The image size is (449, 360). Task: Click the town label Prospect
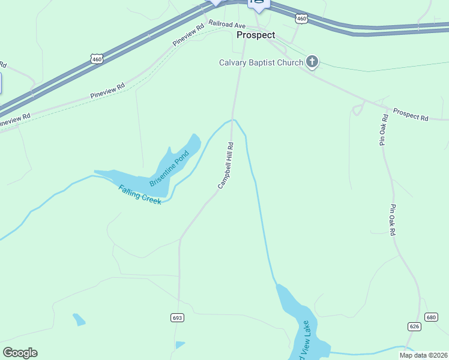pyautogui.click(x=256, y=35)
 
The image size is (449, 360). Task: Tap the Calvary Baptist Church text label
pyautogui.click(x=261, y=62)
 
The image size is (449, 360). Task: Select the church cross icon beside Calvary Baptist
pyautogui.click(x=312, y=61)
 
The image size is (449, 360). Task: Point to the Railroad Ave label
pyautogui.click(x=228, y=25)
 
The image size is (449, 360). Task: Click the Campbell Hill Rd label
pyautogui.click(x=225, y=165)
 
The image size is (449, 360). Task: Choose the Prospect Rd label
pyautogui.click(x=411, y=114)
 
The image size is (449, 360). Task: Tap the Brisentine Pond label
pyautogui.click(x=169, y=169)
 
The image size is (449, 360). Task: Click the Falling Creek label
pyautogui.click(x=140, y=194)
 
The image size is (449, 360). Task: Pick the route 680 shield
pyautogui.click(x=431, y=317)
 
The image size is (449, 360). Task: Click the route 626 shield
pyautogui.click(x=414, y=326)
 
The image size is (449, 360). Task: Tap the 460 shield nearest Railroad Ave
pyautogui.click(x=97, y=58)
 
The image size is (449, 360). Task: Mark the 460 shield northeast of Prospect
pyautogui.click(x=302, y=19)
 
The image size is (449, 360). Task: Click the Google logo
pyautogui.click(x=20, y=353)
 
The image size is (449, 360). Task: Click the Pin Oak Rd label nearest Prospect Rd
pyautogui.click(x=383, y=130)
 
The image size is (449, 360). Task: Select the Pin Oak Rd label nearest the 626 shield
pyautogui.click(x=393, y=220)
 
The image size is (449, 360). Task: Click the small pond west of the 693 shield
pyautogui.click(x=79, y=319)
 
